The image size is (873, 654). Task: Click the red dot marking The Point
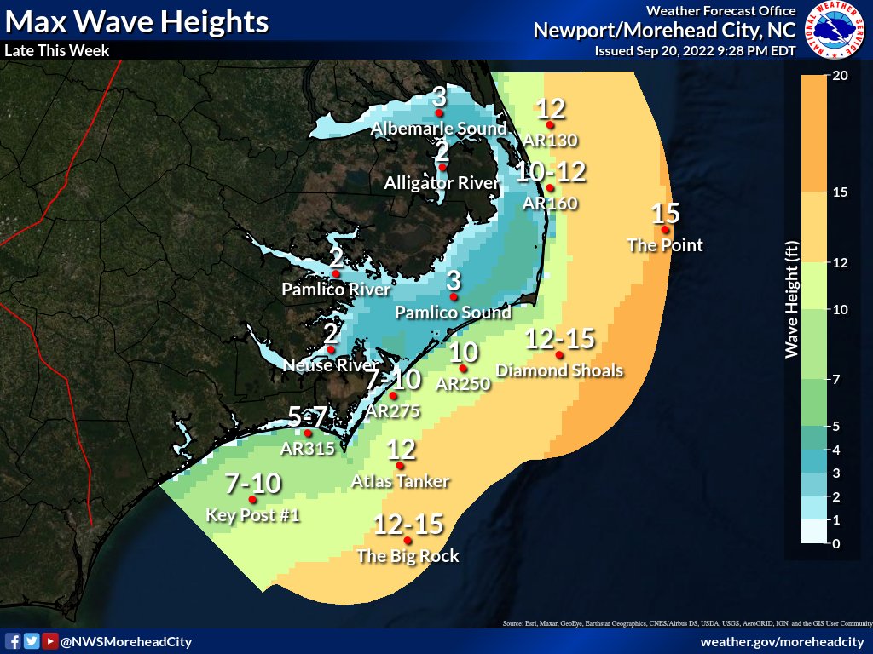tap(665, 230)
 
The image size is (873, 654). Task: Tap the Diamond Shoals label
tap(559, 370)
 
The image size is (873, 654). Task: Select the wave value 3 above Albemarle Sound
tap(439, 96)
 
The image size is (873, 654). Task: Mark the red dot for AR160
tap(550, 187)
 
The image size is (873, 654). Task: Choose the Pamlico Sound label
tap(454, 313)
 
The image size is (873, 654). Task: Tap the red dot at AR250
tap(462, 369)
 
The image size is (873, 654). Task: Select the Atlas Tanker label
tap(400, 481)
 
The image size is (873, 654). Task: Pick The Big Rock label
tap(408, 556)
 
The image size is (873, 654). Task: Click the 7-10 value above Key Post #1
tap(252, 484)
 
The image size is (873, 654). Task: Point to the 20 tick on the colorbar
tap(839, 75)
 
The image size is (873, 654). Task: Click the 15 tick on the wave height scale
tap(839, 192)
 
